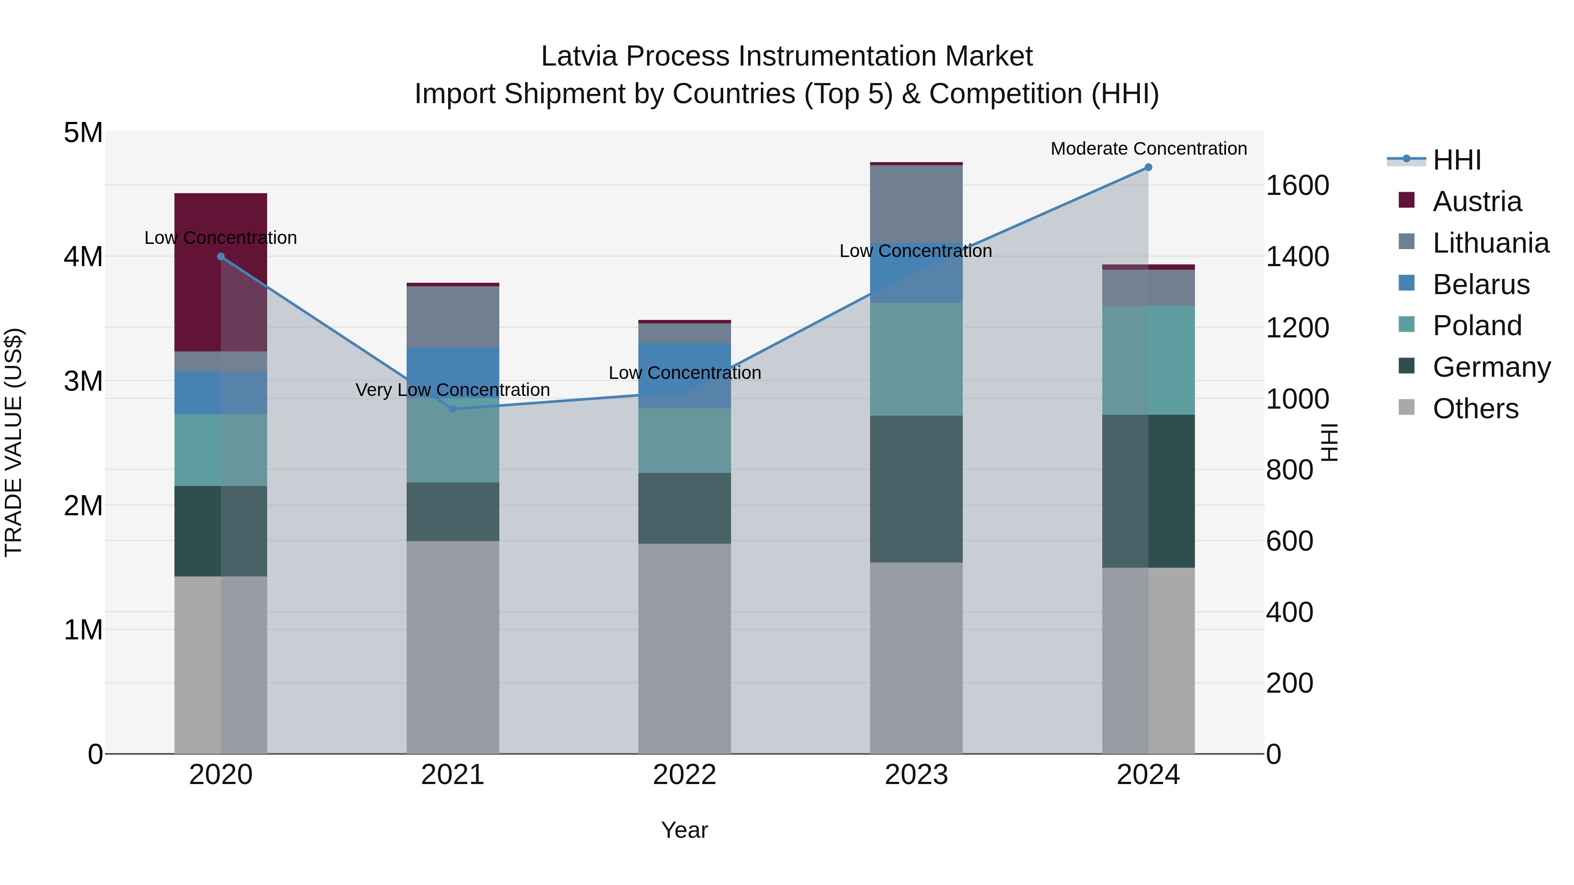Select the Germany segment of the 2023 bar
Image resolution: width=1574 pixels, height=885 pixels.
coord(916,489)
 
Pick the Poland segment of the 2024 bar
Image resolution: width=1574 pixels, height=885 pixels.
coord(1148,361)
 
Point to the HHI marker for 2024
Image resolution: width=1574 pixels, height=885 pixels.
coord(1148,167)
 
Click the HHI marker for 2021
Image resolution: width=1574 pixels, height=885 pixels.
coord(453,409)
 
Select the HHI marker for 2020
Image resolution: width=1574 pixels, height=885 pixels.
coord(221,257)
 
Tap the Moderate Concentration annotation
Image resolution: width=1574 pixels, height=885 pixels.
coord(1148,149)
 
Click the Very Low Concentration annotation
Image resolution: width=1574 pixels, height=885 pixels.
coord(453,390)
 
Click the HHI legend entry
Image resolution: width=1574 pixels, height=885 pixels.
coord(1456,160)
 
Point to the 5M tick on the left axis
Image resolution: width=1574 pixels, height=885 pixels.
coord(83,132)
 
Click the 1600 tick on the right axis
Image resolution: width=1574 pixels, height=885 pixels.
coord(1297,186)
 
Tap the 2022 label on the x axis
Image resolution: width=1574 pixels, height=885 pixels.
coord(684,775)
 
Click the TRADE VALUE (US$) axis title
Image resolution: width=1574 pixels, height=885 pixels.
coord(14,442)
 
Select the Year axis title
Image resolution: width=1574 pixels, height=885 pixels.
coord(684,830)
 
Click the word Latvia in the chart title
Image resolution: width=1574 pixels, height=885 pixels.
coord(578,56)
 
